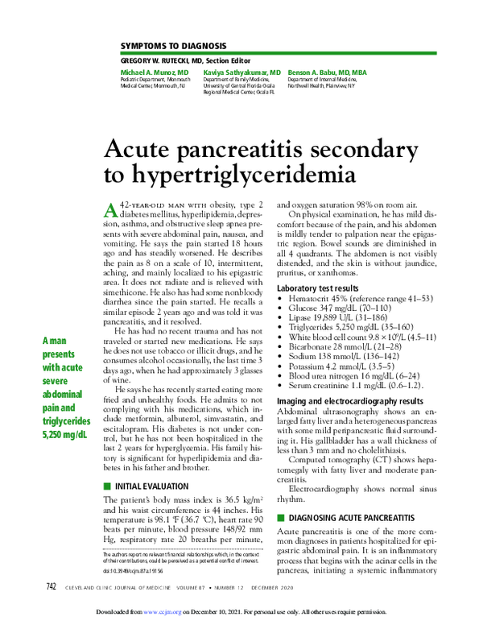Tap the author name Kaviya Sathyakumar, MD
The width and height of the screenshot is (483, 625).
pos(242,72)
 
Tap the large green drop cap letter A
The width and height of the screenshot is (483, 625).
pos(113,210)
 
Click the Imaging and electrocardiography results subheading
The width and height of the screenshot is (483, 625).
pos(349,400)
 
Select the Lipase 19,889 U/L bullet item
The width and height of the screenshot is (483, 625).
pos(332,317)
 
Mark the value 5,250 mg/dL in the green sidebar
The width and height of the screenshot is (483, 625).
pos(65,435)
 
